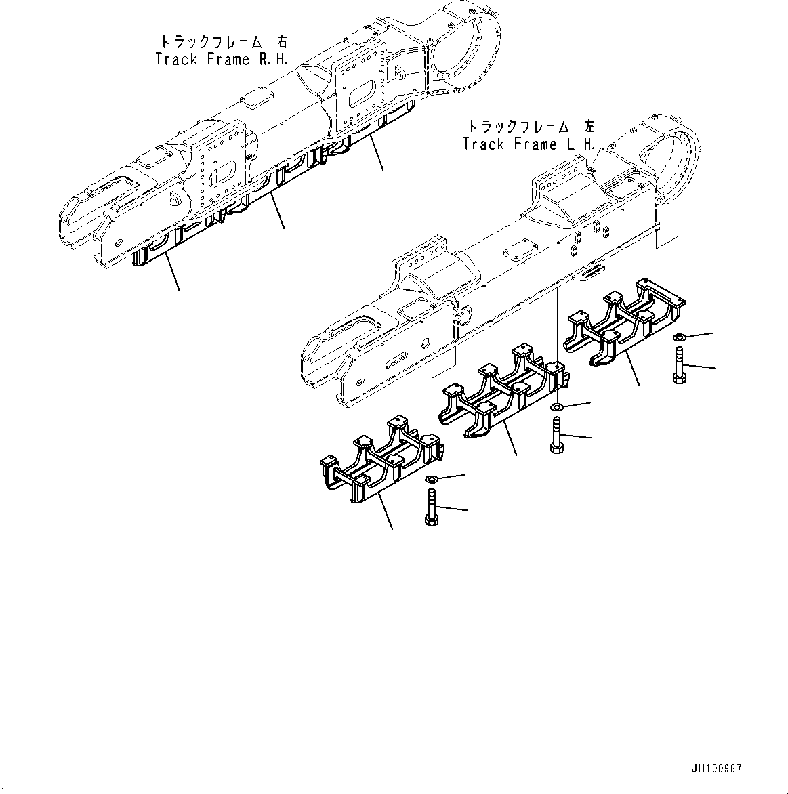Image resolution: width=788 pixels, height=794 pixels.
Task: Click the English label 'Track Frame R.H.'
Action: [221, 59]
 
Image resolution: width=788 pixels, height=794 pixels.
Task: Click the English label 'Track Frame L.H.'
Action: [529, 144]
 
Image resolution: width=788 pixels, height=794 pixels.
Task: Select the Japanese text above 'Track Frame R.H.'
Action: [221, 40]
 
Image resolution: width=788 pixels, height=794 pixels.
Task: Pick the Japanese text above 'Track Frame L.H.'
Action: [530, 126]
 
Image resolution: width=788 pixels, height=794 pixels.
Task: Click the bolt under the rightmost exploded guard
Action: [680, 364]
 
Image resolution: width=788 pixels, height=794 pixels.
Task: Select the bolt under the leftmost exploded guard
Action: [431, 508]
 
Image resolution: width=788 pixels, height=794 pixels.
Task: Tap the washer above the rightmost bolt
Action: [680, 337]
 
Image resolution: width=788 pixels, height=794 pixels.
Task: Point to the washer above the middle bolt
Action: [556, 406]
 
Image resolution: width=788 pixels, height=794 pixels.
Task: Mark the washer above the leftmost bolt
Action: [431, 480]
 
